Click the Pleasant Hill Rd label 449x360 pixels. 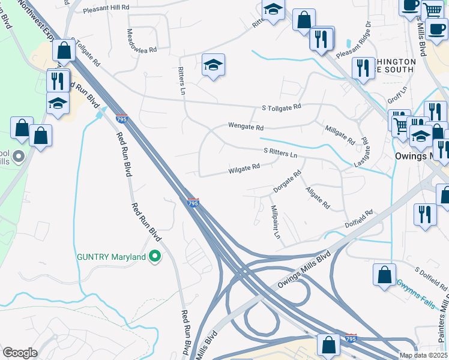[x=106, y=8]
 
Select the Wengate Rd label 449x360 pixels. [x=246, y=127]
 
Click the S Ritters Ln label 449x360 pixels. [x=280, y=154]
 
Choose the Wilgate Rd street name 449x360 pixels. [x=244, y=169]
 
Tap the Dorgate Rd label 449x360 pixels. [x=287, y=182]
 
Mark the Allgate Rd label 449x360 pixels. [x=318, y=198]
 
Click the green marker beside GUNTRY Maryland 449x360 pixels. [x=155, y=257]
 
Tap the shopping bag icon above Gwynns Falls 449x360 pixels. [x=384, y=274]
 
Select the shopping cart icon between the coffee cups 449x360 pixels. [x=432, y=10]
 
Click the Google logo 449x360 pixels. [x=20, y=353]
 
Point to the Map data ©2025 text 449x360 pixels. [x=423, y=355]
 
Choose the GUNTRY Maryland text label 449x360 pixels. [x=112, y=257]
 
